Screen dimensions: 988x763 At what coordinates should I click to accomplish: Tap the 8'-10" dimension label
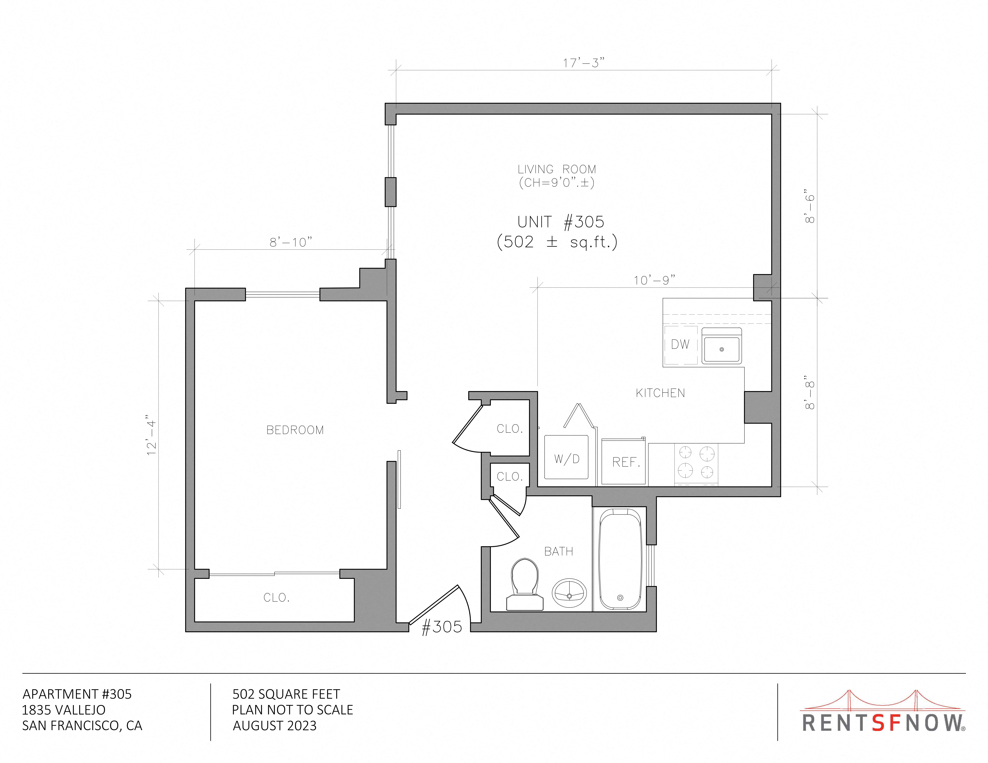pyautogui.click(x=291, y=242)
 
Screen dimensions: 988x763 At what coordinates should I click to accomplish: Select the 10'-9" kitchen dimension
pyautogui.click(x=654, y=280)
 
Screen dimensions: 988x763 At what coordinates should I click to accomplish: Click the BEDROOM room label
pyautogui.click(x=295, y=430)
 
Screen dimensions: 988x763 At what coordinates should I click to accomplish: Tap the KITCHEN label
pyautogui.click(x=660, y=393)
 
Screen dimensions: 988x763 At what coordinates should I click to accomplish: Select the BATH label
pyautogui.click(x=559, y=551)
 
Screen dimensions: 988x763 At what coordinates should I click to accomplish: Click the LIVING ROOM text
pyautogui.click(x=557, y=169)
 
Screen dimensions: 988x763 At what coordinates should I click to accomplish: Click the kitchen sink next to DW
pyautogui.click(x=722, y=346)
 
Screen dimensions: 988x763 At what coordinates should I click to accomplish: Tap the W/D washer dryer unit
pyautogui.click(x=566, y=457)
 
